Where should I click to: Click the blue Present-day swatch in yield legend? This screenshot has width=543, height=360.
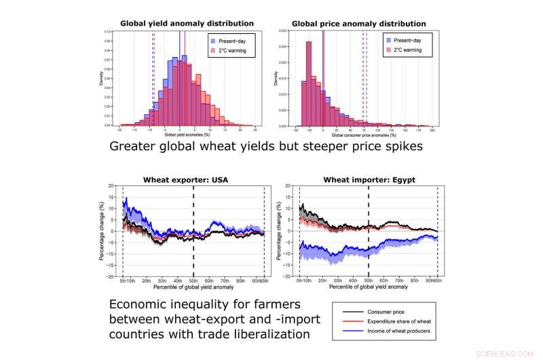pos(214,39)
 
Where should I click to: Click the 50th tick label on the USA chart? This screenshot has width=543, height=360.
pos(193,280)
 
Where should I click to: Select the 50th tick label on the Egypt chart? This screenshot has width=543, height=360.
pos(369,280)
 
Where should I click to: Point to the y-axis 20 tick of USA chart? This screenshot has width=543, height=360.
pos(111,185)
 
